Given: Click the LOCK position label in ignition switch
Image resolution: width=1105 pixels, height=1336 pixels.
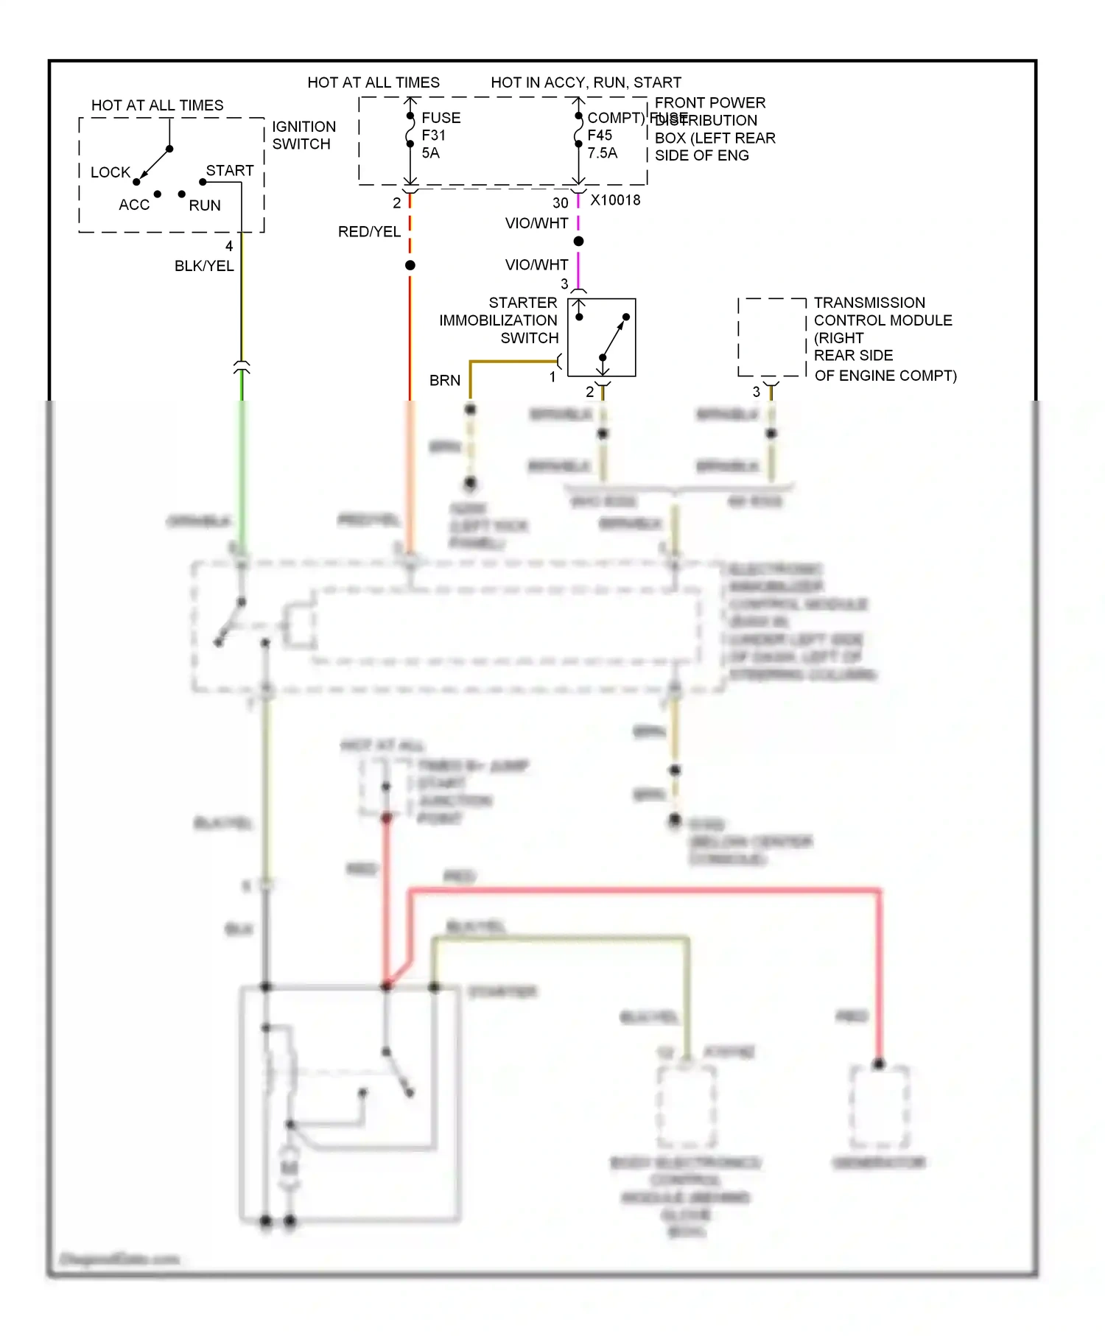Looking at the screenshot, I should tap(110, 172).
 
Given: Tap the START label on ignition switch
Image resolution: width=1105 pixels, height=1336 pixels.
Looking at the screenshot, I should tap(229, 170).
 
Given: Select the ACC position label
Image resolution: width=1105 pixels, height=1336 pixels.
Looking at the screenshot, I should tap(134, 205).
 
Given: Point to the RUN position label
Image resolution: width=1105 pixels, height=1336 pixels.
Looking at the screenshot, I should tap(204, 205).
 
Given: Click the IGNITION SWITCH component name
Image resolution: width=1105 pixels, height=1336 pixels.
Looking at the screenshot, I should tap(304, 136).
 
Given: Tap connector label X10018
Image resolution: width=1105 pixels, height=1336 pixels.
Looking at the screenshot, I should tap(615, 200).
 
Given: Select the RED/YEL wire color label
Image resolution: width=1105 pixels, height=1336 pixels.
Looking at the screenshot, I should tap(369, 232).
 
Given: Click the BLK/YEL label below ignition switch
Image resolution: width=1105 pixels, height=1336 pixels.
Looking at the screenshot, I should tap(204, 266).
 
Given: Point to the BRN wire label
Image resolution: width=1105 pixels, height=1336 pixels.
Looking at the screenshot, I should tap(445, 381).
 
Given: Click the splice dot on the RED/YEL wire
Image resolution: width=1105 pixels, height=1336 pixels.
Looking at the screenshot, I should tap(410, 265).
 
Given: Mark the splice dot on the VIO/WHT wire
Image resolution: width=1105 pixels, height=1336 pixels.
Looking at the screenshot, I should tap(578, 242).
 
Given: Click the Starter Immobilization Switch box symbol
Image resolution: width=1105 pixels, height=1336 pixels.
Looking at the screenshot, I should tap(601, 337).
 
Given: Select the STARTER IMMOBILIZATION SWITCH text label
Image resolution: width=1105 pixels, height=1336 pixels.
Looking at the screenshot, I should tap(499, 320).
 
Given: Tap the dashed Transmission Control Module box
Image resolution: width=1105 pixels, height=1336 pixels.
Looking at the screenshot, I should tap(771, 337).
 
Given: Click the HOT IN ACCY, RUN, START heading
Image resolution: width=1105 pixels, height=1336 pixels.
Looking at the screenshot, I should tap(586, 82).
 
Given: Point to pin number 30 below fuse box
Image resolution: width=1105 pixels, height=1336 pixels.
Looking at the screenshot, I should tap(560, 203).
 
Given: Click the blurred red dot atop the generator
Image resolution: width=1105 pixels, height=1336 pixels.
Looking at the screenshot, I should tap(878, 1064).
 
